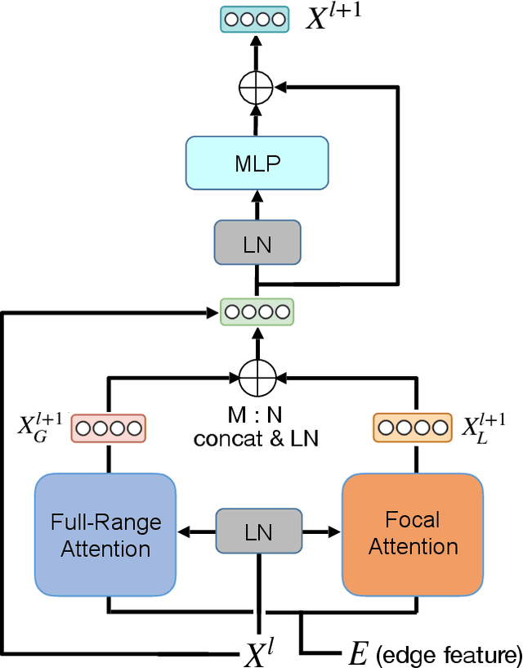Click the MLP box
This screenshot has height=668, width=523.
257,163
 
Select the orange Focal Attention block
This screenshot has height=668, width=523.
413,533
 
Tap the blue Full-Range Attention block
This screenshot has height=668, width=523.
105,534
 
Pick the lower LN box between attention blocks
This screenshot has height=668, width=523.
258,532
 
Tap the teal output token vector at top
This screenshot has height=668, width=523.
255,19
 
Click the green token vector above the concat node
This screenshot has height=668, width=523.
257,312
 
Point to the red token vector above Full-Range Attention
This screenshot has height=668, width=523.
108,427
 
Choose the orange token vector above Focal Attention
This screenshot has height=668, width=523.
411,427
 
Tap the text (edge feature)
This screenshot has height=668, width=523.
448,653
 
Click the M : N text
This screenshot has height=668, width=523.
255,416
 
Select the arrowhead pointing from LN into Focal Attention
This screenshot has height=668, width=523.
334,532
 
